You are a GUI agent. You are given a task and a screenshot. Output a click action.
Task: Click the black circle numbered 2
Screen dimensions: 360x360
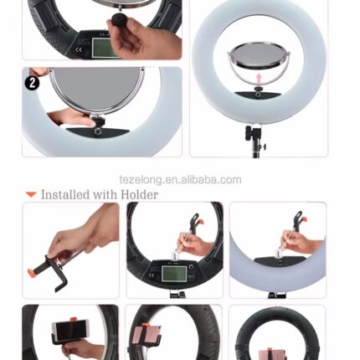pos(32,83)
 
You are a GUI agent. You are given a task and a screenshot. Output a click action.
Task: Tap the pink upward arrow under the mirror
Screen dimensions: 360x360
pos(259,80)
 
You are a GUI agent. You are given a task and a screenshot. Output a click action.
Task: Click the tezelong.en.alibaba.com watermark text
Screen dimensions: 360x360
pos(180,180)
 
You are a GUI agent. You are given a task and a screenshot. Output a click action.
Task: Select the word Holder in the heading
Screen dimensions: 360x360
pos(140,194)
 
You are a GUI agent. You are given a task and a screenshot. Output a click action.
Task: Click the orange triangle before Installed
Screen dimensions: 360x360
pos(31,194)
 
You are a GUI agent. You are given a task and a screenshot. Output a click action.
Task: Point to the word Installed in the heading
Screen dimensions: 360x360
pos(65,194)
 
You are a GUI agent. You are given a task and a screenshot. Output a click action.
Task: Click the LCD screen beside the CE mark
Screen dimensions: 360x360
pos(105,48)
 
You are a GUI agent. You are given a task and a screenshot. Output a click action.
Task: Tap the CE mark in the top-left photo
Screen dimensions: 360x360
pos(79,50)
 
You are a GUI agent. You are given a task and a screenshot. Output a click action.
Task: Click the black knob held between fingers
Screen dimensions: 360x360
pos(120,20)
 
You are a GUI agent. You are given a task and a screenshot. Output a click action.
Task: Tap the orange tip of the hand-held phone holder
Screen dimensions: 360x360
pos(31,271)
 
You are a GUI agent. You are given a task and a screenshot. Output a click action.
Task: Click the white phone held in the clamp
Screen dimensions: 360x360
pos(71,332)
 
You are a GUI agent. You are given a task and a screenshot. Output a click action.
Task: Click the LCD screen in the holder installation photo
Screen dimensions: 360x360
pos(174,274)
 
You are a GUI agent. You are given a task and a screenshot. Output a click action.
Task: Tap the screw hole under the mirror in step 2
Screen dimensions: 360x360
pos(97,131)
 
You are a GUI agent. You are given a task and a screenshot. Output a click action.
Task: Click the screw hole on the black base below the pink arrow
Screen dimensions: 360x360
pos(258,95)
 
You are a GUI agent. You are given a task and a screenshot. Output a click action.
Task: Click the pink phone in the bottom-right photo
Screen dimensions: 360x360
pos(273,354)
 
